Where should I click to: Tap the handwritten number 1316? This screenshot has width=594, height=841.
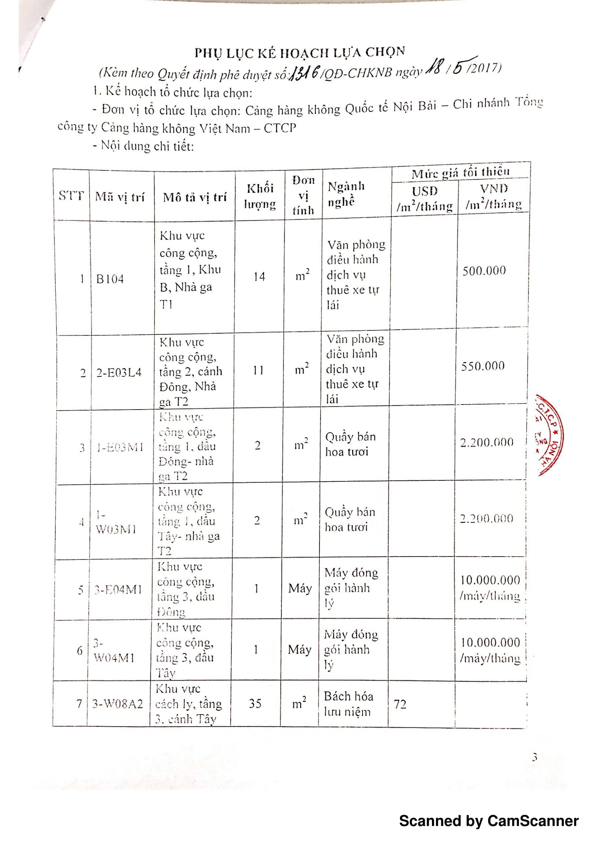tap(305, 72)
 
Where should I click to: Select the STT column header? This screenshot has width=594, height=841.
tap(72, 196)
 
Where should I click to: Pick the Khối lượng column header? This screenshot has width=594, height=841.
tap(259, 196)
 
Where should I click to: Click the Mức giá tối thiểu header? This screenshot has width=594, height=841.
tap(460, 172)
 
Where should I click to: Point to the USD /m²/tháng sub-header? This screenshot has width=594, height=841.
tap(424, 198)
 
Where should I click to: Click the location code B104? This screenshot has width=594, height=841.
tap(110, 279)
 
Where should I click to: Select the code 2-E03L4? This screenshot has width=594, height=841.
tap(119, 372)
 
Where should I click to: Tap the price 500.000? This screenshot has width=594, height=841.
tap(484, 271)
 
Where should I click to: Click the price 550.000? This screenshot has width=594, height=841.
tap(483, 366)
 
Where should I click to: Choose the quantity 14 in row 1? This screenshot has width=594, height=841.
tap(259, 276)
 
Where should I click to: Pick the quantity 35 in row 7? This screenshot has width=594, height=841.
tap(255, 703)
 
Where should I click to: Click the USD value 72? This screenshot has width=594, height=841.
tap(400, 704)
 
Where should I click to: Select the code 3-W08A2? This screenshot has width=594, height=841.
tap(118, 704)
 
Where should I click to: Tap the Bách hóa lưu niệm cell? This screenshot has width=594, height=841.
tap(348, 704)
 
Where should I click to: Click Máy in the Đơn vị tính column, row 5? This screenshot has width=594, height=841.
tap(300, 589)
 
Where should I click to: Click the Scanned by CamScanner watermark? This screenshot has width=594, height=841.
tap(489, 821)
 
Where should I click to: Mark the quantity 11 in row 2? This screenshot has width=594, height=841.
tap(258, 370)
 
